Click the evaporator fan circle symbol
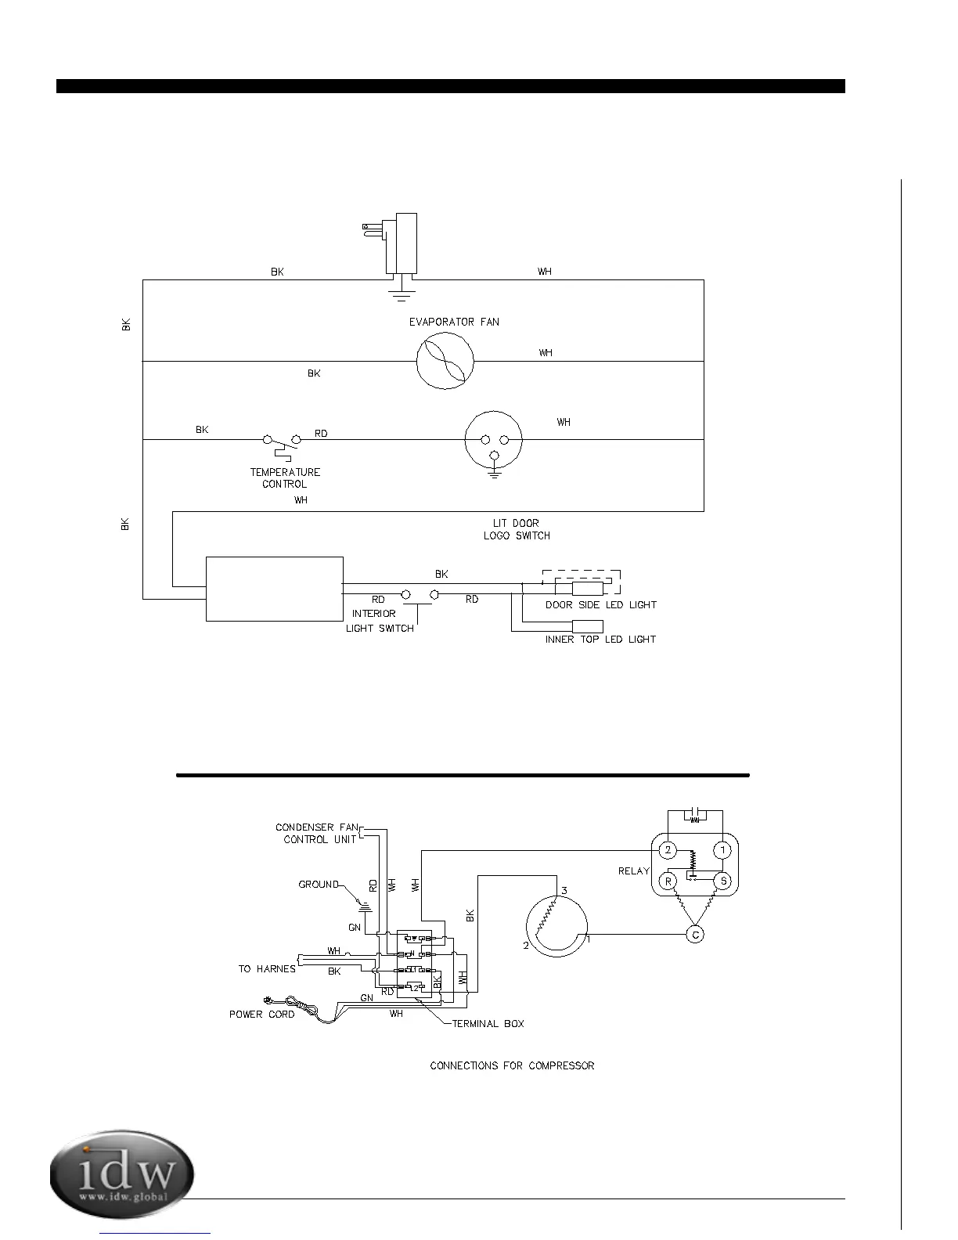[x=445, y=360]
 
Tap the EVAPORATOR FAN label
[x=454, y=322]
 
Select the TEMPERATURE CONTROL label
[x=285, y=478]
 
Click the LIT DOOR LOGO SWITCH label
[x=517, y=529]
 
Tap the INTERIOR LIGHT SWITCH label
[x=380, y=621]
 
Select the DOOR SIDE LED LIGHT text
[x=601, y=605]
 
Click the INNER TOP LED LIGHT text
[x=600, y=640]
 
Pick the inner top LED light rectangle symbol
[x=588, y=626]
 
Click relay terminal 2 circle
[x=668, y=850]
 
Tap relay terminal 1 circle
[x=723, y=850]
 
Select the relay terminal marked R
[x=668, y=881]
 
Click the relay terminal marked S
[x=723, y=881]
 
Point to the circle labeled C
[x=695, y=934]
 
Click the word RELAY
[x=634, y=871]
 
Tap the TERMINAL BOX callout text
[x=488, y=1023]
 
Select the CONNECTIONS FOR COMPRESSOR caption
[x=512, y=1065]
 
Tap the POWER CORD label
[x=261, y=1014]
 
